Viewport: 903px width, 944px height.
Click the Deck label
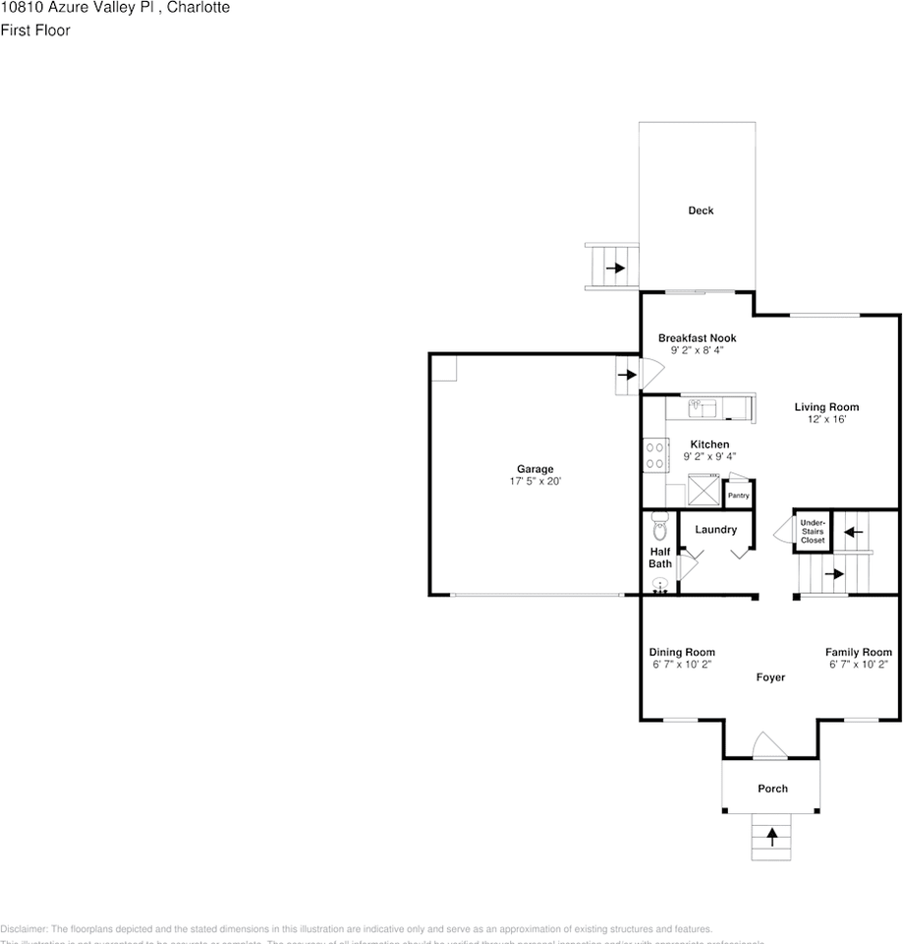pyautogui.click(x=701, y=210)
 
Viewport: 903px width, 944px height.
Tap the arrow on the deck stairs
pyautogui.click(x=615, y=267)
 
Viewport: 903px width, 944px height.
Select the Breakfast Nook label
pyautogui.click(x=697, y=338)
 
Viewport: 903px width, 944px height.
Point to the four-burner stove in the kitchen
pyautogui.click(x=654, y=454)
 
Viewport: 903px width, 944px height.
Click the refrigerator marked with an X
pyautogui.click(x=705, y=488)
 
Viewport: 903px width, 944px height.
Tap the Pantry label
pyautogui.click(x=738, y=496)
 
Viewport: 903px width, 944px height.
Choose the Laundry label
pyautogui.click(x=715, y=530)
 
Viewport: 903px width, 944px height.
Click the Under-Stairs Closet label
pyautogui.click(x=813, y=532)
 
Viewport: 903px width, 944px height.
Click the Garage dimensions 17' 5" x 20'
pyautogui.click(x=536, y=482)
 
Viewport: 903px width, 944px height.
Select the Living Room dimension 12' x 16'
pyautogui.click(x=826, y=420)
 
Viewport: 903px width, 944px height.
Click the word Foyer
pyautogui.click(x=770, y=678)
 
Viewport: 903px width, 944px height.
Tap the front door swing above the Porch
pyautogui.click(x=770, y=745)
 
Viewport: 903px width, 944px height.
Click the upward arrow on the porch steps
pyautogui.click(x=772, y=836)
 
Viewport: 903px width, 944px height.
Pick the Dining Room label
pyautogui.click(x=682, y=652)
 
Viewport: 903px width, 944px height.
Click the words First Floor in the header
pyautogui.click(x=35, y=29)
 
